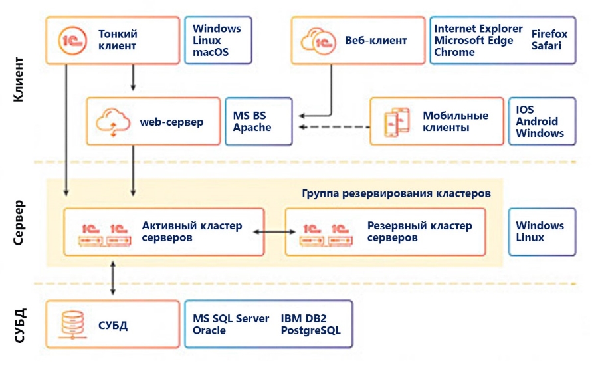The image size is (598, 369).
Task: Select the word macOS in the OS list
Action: tap(211, 52)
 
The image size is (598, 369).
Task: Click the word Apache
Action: tap(252, 127)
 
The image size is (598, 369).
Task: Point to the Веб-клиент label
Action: tap(376, 40)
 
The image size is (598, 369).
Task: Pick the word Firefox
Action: tap(549, 34)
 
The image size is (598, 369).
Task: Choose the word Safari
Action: tap(546, 46)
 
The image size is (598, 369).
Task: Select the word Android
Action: tap(537, 122)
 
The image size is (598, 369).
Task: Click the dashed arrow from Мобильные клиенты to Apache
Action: tap(332, 127)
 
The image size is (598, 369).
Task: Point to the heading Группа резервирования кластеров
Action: tap(396, 193)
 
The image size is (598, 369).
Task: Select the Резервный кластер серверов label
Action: tap(419, 231)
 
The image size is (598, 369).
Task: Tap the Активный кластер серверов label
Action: tap(192, 231)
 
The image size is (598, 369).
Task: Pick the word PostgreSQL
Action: tap(310, 330)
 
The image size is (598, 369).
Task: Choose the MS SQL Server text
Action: tap(231, 318)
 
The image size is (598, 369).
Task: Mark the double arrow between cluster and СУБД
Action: tap(112, 278)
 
